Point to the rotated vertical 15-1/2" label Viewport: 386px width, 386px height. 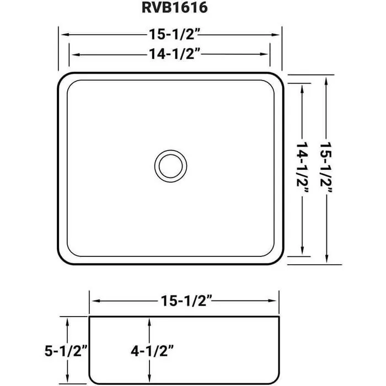coord(327,167)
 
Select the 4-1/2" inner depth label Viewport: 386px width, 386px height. coord(151,350)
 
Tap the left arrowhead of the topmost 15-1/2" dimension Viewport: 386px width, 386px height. coord(62,34)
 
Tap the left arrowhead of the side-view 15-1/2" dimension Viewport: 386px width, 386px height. coord(94,301)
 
